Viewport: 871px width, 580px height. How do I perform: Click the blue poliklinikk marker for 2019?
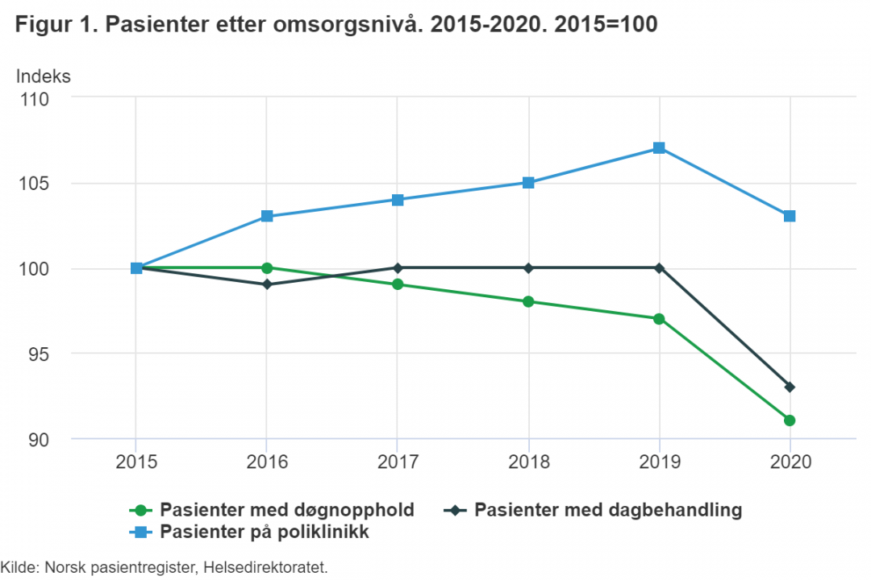[659, 148]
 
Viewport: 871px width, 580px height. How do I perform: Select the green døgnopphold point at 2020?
[790, 420]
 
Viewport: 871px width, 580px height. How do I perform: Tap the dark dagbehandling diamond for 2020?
[790, 387]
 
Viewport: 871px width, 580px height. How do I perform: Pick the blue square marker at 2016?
[267, 217]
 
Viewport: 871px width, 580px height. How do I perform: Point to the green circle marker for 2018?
[528, 302]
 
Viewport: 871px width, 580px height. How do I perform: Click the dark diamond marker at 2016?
[267, 284]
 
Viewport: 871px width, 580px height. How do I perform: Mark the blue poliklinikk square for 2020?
[790, 216]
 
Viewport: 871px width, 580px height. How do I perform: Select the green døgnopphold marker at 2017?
[398, 284]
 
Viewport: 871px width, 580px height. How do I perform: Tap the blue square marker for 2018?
[528, 183]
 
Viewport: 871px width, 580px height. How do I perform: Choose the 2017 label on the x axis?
[398, 463]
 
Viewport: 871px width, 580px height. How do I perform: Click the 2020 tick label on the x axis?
[790, 463]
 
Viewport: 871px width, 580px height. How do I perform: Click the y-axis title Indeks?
[44, 77]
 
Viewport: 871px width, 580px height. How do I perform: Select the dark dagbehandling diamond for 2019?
[659, 267]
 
